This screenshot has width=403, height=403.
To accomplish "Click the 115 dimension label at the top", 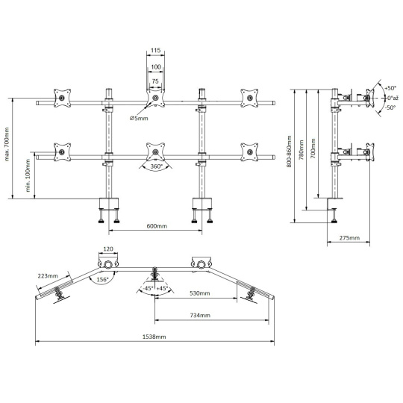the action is point(155,50).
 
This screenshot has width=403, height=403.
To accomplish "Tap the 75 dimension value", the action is point(155,81).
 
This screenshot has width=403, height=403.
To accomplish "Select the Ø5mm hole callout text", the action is point(139,118).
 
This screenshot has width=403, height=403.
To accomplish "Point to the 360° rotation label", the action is point(157,166).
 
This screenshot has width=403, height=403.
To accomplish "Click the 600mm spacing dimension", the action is point(157,226).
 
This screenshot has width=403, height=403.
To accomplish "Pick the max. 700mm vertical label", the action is point(7,144).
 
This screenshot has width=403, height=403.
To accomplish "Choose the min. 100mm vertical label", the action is point(28,175).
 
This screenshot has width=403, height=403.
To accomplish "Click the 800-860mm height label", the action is point(289,151).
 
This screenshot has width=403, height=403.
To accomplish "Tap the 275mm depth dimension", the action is point(349,238).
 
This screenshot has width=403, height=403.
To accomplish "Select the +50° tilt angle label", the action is point(390,88).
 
